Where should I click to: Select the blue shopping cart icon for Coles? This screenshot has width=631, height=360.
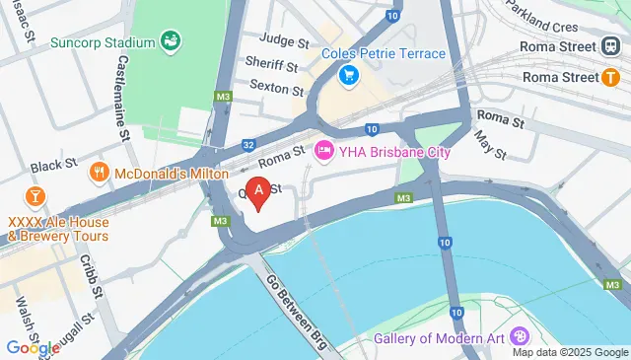pyautogui.click(x=347, y=75)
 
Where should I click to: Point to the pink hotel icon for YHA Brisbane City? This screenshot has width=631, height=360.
pyautogui.click(x=322, y=151)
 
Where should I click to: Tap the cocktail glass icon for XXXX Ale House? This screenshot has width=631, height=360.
pyautogui.click(x=34, y=194)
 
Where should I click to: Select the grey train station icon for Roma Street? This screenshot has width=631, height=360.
pyautogui.click(x=612, y=46)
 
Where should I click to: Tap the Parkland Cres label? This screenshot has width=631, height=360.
pyautogui.click(x=541, y=19)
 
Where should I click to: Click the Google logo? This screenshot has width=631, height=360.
pyautogui.click(x=34, y=346)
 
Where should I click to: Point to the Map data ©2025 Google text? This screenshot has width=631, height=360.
pyautogui.click(x=568, y=352)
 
